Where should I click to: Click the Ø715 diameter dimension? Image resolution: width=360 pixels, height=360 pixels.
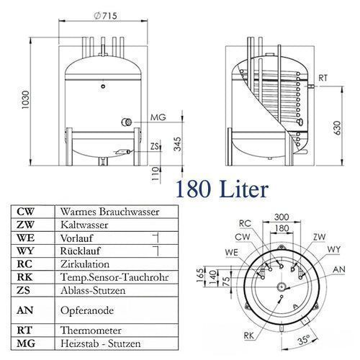pyautogui.click(x=105, y=16)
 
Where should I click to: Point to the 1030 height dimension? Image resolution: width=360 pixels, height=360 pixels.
pyautogui.click(x=25, y=99)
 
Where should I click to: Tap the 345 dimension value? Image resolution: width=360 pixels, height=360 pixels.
pyautogui.click(x=178, y=144)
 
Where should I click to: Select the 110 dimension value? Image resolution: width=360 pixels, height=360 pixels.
pyautogui.click(x=156, y=174)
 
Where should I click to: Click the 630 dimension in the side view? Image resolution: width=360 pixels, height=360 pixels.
pyautogui.click(x=337, y=128)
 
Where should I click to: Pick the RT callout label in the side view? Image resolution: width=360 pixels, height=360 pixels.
pyautogui.click(x=323, y=78)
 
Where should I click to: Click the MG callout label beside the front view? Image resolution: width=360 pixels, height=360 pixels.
pyautogui.click(x=158, y=117)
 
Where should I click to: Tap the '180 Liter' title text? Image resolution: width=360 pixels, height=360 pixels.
pyautogui.click(x=222, y=189)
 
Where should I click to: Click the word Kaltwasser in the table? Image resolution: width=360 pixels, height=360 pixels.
pyautogui.click(x=84, y=225)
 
